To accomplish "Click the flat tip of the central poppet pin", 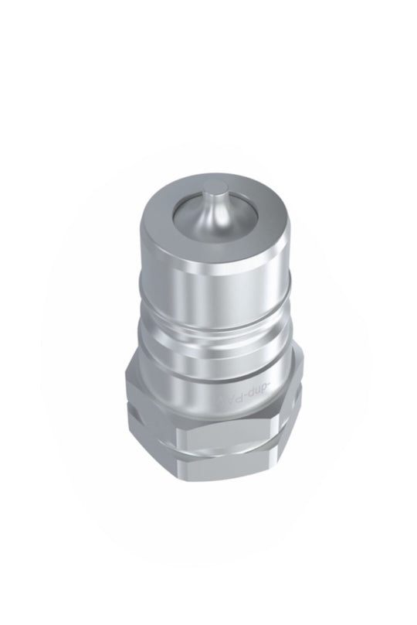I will point(219,188).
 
